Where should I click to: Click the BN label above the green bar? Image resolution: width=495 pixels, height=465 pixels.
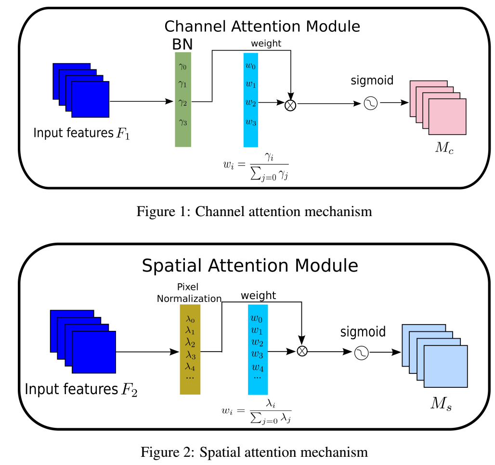pos(182,44)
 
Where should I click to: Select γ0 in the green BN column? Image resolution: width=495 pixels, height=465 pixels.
pos(183,67)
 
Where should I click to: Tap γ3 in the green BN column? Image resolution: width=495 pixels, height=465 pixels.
pos(183,123)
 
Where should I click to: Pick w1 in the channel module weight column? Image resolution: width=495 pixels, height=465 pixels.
pos(251,84)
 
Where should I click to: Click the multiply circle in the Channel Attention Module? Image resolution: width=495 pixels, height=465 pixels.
pos(290,105)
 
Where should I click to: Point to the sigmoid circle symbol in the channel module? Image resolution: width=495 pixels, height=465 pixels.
pos(371,103)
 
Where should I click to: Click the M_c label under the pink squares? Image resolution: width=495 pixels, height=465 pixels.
pos(444,148)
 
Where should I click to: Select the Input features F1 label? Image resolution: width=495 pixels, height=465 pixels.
pos(81,133)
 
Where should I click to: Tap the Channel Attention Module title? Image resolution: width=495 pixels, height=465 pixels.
pos(262,26)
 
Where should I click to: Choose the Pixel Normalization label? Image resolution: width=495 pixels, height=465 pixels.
pos(189,293)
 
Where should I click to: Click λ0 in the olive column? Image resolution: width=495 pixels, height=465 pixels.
pos(190,319)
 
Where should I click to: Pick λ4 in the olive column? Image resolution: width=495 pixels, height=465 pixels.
pos(190,367)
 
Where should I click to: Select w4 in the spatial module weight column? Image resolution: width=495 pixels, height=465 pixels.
pos(258,367)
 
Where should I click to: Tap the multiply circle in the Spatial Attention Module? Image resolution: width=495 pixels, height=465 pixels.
pos(302,351)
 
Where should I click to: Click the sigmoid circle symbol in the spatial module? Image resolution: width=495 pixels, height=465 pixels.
pos(362,353)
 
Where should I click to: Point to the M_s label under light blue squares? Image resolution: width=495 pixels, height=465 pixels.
pos(441,404)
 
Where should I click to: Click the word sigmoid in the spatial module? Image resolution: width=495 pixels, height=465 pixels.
pos(363,332)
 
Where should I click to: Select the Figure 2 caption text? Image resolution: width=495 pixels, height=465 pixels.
pos(254,452)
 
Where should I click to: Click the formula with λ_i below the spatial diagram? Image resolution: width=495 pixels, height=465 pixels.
pos(256,411)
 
